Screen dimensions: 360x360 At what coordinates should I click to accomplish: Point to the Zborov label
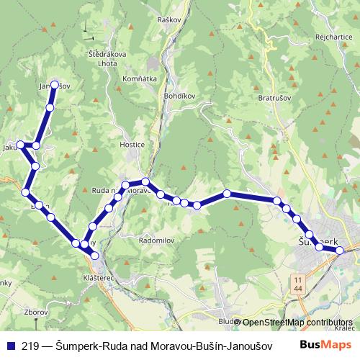(35, 313)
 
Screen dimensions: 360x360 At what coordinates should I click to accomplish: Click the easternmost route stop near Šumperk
(340, 251)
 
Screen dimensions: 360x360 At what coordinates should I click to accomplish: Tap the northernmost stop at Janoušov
(53, 84)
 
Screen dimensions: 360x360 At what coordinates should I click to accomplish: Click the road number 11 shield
(297, 278)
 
